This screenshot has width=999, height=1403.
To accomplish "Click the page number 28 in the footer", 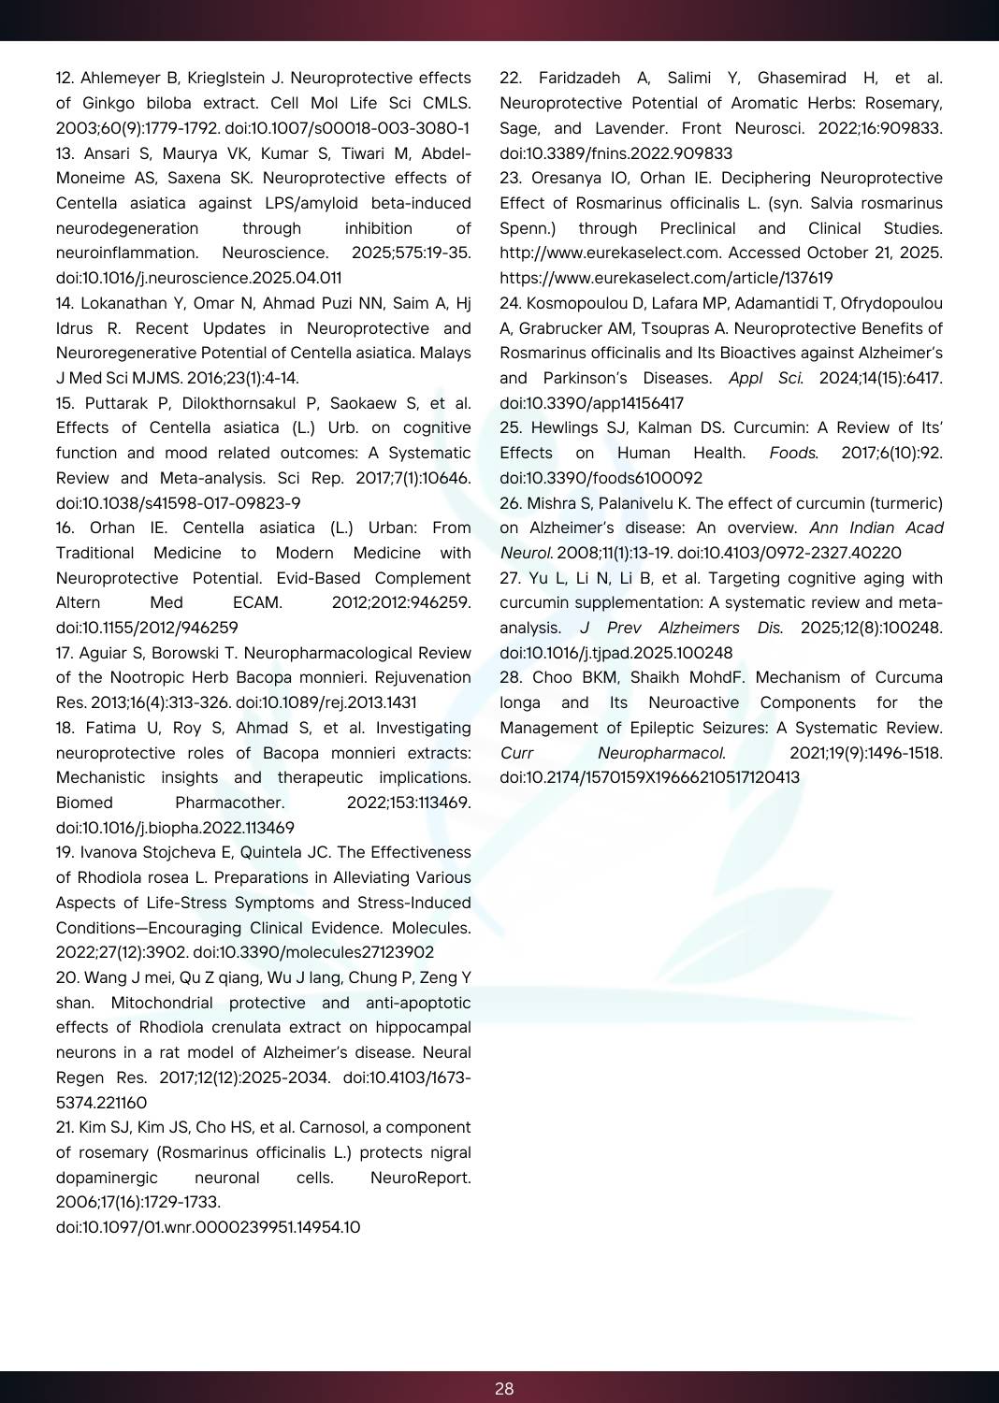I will pyautogui.click(x=504, y=1389).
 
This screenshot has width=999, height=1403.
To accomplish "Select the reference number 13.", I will pyautogui.click(x=65, y=153).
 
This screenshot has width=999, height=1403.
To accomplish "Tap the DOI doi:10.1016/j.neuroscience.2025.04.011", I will pyautogui.click(x=198, y=278).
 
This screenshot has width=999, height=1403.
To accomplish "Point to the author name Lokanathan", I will pyautogui.click(x=124, y=303).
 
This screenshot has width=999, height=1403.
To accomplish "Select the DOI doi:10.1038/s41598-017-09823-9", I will pyautogui.click(x=178, y=503).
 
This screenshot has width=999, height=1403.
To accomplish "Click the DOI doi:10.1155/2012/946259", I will pyautogui.click(x=147, y=628).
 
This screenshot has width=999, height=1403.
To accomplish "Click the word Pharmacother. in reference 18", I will pyautogui.click(x=229, y=803).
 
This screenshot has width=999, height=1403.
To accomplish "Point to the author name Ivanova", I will pyautogui.click(x=109, y=852).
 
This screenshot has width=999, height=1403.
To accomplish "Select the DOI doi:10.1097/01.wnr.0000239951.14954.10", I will pyautogui.click(x=208, y=1227).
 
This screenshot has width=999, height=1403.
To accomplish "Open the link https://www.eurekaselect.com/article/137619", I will pyautogui.click(x=666, y=278).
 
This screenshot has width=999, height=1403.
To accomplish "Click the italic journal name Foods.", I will pyautogui.click(x=793, y=453).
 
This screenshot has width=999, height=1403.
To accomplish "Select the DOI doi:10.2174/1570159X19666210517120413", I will pyautogui.click(x=649, y=777).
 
